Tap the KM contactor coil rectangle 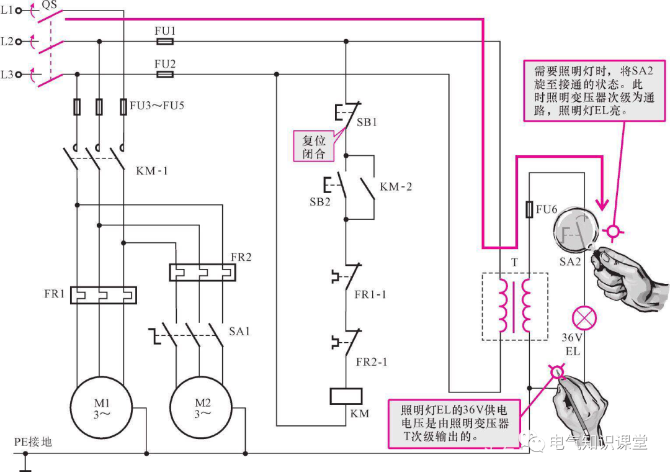point(346,396)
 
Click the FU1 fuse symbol point(164,42)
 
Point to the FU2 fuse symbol point(164,75)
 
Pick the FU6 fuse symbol point(529,209)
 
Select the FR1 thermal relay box point(103,295)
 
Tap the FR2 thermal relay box point(202,272)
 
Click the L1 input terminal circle point(19,11)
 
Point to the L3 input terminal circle point(19,75)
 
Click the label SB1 point(367,122)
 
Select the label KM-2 point(396,186)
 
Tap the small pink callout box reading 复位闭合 point(314,147)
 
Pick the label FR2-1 point(372,362)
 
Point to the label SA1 point(239,331)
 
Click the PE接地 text point(33,442)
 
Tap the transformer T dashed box point(515,307)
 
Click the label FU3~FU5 point(157,106)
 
